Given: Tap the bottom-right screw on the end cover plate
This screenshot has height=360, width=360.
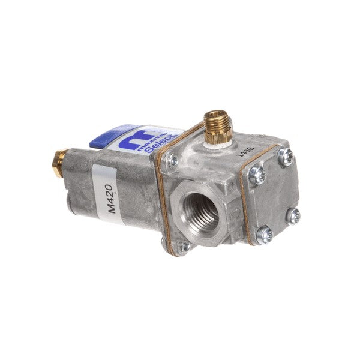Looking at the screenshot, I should [x=293, y=215].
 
